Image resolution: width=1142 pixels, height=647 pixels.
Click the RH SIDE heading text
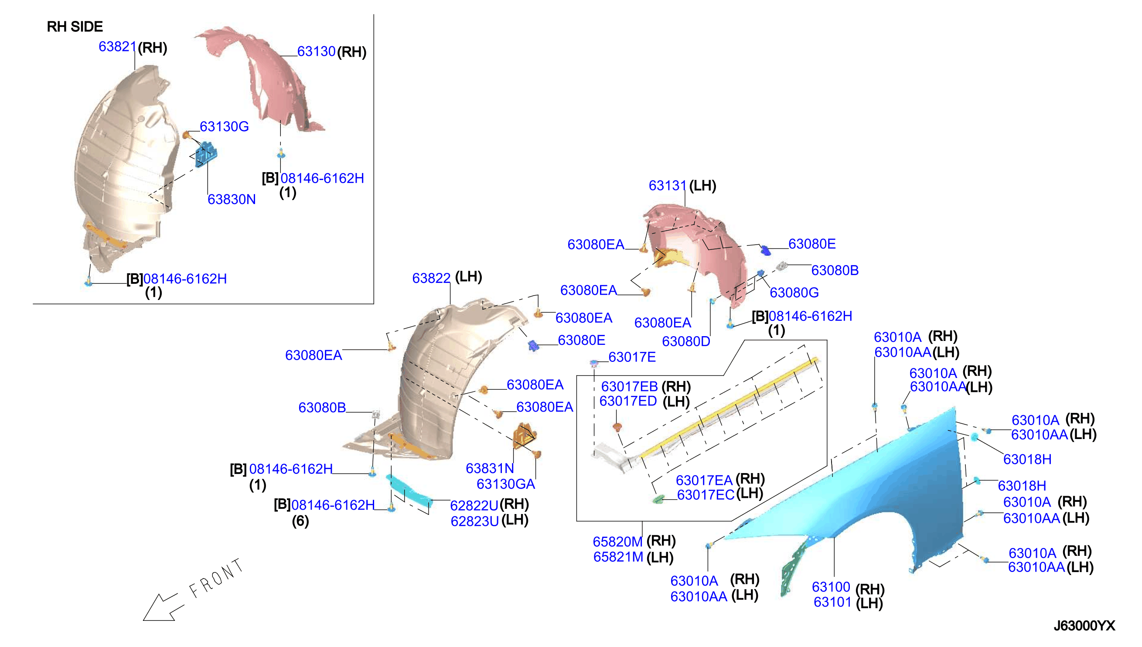75,27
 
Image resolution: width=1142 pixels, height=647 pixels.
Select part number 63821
117,47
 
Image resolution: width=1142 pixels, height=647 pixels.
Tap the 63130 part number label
316,51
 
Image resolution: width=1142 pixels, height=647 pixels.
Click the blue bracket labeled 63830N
206,154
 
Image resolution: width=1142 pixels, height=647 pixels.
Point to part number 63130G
224,126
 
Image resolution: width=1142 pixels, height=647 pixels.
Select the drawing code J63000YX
1084,626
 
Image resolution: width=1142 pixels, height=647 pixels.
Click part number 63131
668,186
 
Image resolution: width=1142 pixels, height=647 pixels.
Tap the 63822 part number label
431,278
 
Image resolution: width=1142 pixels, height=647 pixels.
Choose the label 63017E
632,357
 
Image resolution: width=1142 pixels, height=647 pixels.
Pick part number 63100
831,587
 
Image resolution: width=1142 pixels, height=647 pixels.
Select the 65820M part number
618,541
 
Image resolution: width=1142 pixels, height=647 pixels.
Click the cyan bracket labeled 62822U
409,491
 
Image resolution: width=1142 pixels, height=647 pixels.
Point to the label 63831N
490,468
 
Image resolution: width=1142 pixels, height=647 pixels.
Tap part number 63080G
794,293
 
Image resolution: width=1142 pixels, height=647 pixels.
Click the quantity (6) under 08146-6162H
300,521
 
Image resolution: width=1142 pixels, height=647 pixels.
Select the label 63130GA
506,484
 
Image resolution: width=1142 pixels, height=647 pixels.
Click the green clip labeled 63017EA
658,499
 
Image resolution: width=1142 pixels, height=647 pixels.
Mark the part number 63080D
686,341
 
